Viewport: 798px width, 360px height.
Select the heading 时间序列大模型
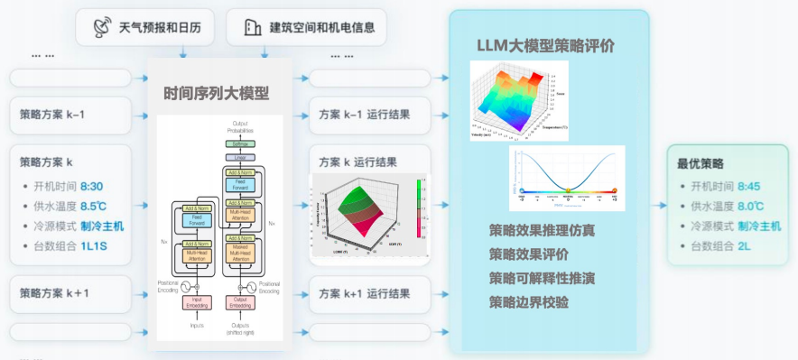[217, 93]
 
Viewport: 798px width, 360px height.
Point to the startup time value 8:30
[92, 185]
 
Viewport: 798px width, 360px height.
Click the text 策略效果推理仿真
[542, 230]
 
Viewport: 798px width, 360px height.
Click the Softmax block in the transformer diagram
[240, 143]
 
